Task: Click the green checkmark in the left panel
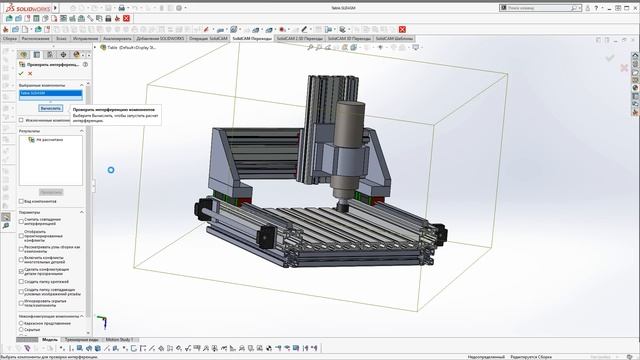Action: pyautogui.click(x=21, y=73)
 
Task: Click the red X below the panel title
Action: pyautogui.click(x=31, y=73)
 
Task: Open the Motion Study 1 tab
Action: pyautogui.click(x=119, y=339)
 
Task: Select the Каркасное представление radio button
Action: pyautogui.click(x=22, y=323)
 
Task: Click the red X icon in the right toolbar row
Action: pyautogui.click(x=403, y=29)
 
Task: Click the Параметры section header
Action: pyautogui.click(x=30, y=212)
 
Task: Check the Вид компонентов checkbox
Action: pyautogui.click(x=22, y=201)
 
